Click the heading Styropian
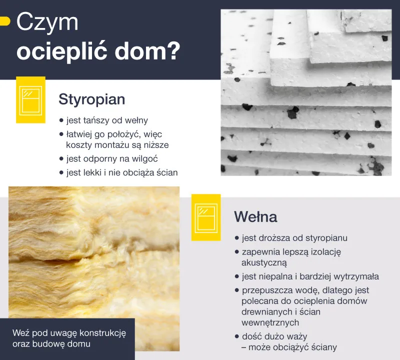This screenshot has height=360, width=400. (91, 99)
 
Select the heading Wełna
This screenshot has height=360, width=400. (255, 217)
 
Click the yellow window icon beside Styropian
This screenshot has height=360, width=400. (30, 99)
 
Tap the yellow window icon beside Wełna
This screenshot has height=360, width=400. (206, 217)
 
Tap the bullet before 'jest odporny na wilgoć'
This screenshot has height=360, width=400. (61, 159)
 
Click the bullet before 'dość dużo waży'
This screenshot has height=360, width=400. (236, 336)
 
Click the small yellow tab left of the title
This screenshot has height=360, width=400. (4, 21)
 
